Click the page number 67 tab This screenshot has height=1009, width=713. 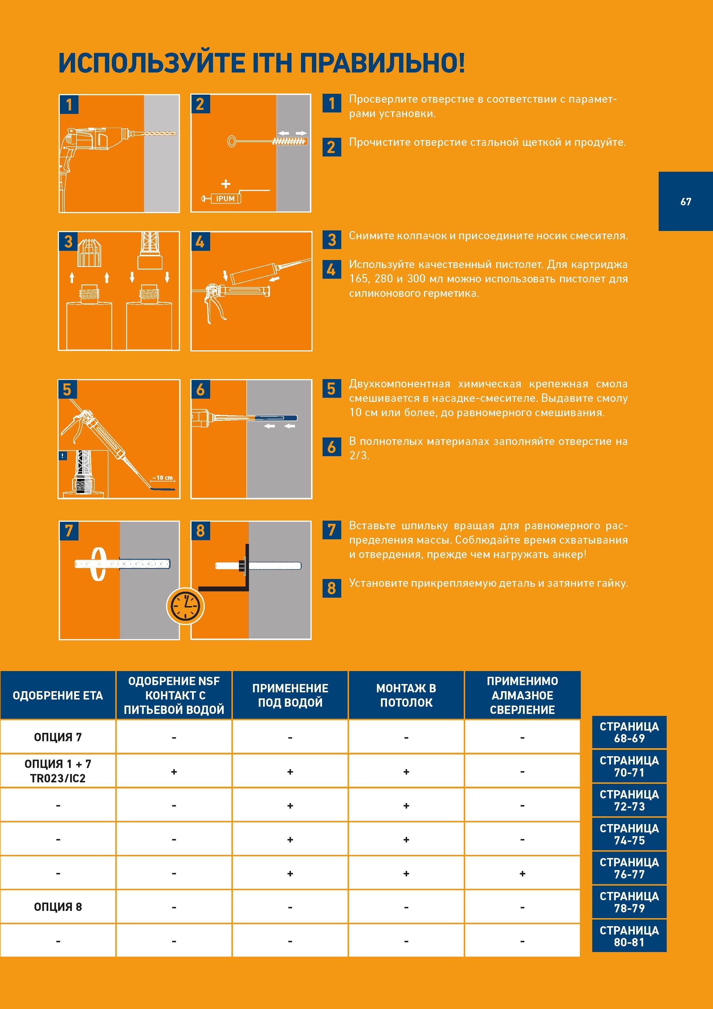[x=685, y=201]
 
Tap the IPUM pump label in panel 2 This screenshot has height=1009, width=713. [x=225, y=199]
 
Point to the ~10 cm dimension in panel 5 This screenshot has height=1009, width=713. [x=162, y=478]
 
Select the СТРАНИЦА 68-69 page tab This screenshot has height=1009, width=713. [x=629, y=732]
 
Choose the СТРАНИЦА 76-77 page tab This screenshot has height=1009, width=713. [x=629, y=868]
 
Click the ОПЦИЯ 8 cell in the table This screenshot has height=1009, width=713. [x=58, y=907]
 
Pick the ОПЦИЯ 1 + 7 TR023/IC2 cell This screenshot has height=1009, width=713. [x=58, y=771]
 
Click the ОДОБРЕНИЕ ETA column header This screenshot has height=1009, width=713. [x=58, y=695]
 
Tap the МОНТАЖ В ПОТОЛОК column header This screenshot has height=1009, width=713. [x=406, y=695]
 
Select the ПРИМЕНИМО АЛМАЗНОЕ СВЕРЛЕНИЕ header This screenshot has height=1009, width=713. [x=522, y=695]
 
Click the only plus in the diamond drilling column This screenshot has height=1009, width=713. [x=522, y=874]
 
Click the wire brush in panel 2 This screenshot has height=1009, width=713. [x=267, y=141]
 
